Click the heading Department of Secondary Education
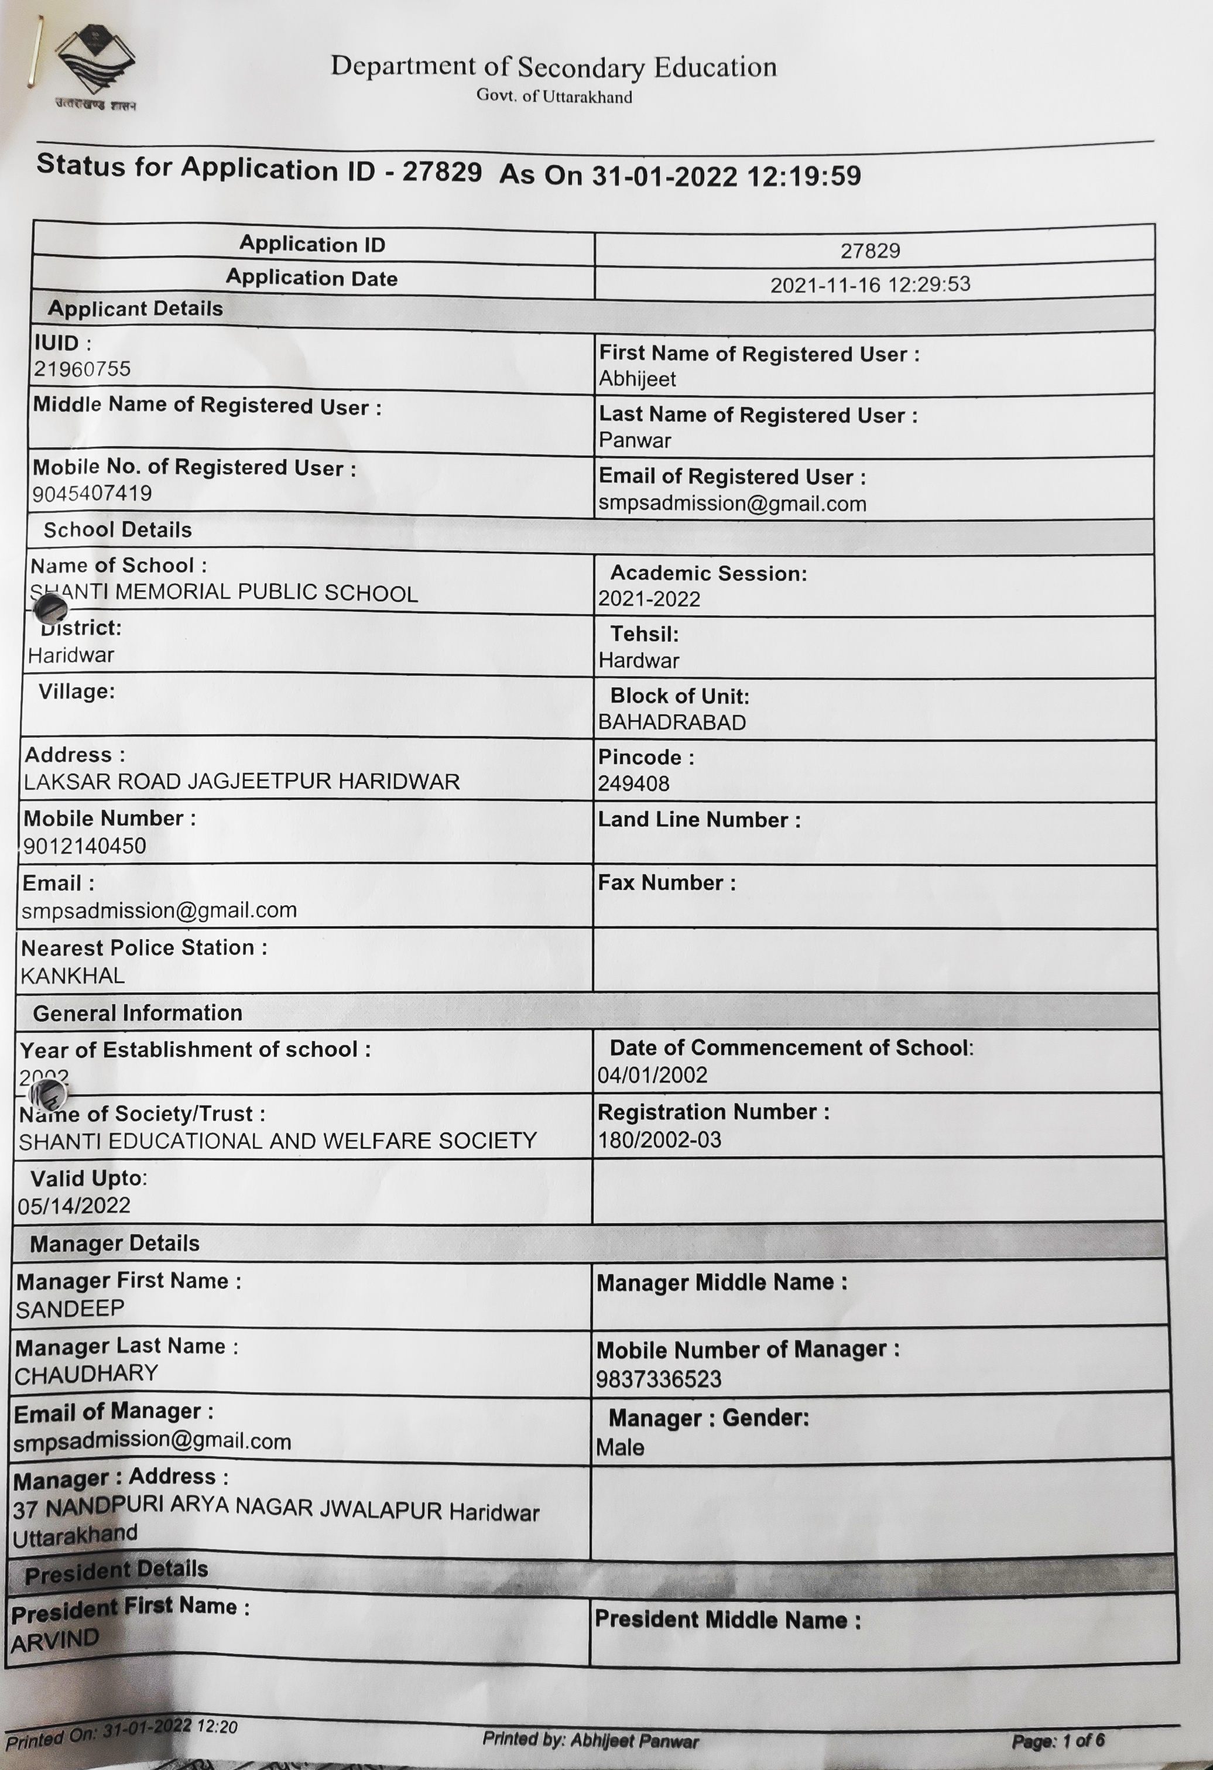(554, 67)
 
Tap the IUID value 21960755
(81, 369)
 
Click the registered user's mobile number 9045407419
(92, 494)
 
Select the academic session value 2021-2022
(649, 600)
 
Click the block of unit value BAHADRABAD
(671, 723)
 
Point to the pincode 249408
(633, 783)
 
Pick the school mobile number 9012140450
(84, 846)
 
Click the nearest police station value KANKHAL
(73, 977)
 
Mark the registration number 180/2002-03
(659, 1140)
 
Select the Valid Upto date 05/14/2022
(74, 1206)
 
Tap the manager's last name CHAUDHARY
(86, 1375)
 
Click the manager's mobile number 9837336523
(658, 1379)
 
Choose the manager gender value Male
(620, 1447)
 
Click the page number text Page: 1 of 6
(1058, 1741)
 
